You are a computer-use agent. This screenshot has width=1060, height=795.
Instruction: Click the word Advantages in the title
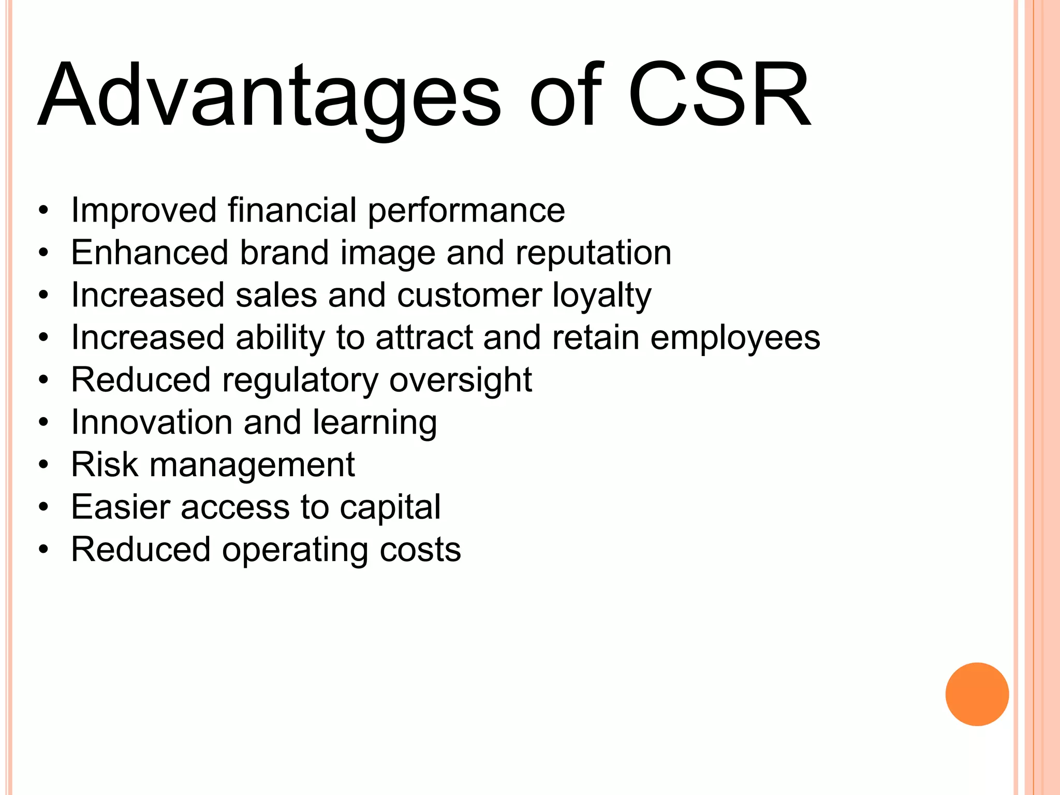click(x=269, y=96)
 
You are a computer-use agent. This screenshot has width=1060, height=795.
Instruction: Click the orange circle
click(x=977, y=694)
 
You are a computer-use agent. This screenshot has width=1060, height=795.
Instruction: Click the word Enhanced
click(x=150, y=253)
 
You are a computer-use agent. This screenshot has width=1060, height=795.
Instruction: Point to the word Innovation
click(x=152, y=422)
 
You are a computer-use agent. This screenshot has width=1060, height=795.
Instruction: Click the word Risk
click(x=105, y=465)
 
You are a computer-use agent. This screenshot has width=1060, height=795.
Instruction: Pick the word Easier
click(x=121, y=507)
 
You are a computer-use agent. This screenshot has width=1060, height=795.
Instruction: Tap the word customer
click(x=469, y=296)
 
